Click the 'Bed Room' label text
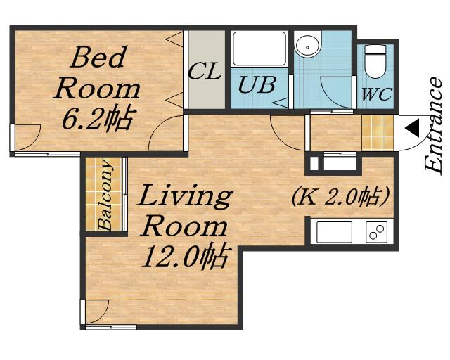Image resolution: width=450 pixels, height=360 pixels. tap(97, 74)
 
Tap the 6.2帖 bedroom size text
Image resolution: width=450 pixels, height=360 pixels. tap(98, 117)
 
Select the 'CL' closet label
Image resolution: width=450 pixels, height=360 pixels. tap(205, 70)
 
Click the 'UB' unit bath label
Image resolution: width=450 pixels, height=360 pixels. tap(257, 85)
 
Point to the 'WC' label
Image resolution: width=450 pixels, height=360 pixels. tap(377, 94)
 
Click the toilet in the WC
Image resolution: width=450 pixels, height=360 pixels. tap(375, 61)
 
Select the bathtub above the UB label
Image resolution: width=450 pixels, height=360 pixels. tap(259, 49)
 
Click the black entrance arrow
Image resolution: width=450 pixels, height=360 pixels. tap(412, 128)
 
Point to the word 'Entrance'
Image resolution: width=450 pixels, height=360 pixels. tap(433, 125)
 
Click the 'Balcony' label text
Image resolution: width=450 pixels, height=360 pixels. tap(104, 195)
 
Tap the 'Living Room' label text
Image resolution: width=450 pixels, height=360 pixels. tap(184, 211)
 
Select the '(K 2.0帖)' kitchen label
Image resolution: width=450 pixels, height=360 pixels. tap(340, 197)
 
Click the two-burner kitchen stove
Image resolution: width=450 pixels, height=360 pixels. tap(376, 232)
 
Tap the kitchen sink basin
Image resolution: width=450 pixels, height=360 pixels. tap(335, 232)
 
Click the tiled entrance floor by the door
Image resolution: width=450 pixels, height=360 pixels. tap(378, 133)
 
